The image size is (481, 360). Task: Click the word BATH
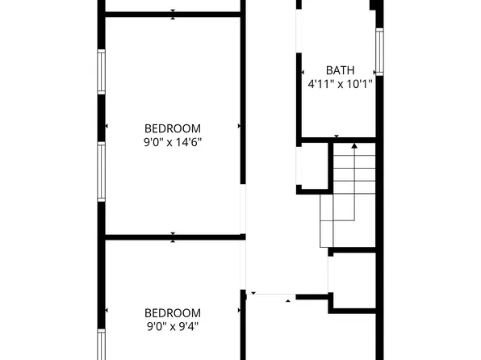click(340, 70)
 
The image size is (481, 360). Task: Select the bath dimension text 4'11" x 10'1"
click(340, 83)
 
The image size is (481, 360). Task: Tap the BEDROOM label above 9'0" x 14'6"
click(173, 128)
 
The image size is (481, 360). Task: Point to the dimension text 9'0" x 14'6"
click(173, 141)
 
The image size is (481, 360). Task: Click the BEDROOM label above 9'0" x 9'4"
click(173, 313)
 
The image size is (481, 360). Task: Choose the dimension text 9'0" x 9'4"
click(173, 327)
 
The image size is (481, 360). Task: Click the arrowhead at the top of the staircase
click(354, 146)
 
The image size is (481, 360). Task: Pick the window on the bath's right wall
click(379, 53)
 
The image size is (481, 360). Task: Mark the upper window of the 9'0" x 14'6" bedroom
click(102, 72)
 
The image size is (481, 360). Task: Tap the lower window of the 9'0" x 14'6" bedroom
click(102, 171)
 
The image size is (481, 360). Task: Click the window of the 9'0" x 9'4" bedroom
click(102, 343)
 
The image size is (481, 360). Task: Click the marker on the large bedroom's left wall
click(107, 126)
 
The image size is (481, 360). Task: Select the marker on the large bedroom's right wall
click(240, 126)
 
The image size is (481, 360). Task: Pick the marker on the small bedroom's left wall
click(107, 311)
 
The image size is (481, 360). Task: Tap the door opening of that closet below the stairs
click(329, 274)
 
